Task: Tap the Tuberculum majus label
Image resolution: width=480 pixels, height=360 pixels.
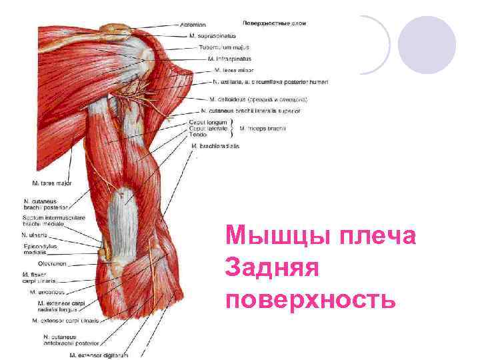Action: coord(222,47)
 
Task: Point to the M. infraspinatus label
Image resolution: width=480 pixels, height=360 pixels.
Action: coord(230,59)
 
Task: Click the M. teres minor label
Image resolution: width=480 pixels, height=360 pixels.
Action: coord(233,70)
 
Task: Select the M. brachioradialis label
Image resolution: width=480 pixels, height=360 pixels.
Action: coord(215,145)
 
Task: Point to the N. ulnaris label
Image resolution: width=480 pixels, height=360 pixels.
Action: coord(34,235)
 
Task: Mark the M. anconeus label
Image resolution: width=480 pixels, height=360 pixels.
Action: coord(47,291)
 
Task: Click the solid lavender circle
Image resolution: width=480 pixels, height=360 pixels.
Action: coord(427,45)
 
